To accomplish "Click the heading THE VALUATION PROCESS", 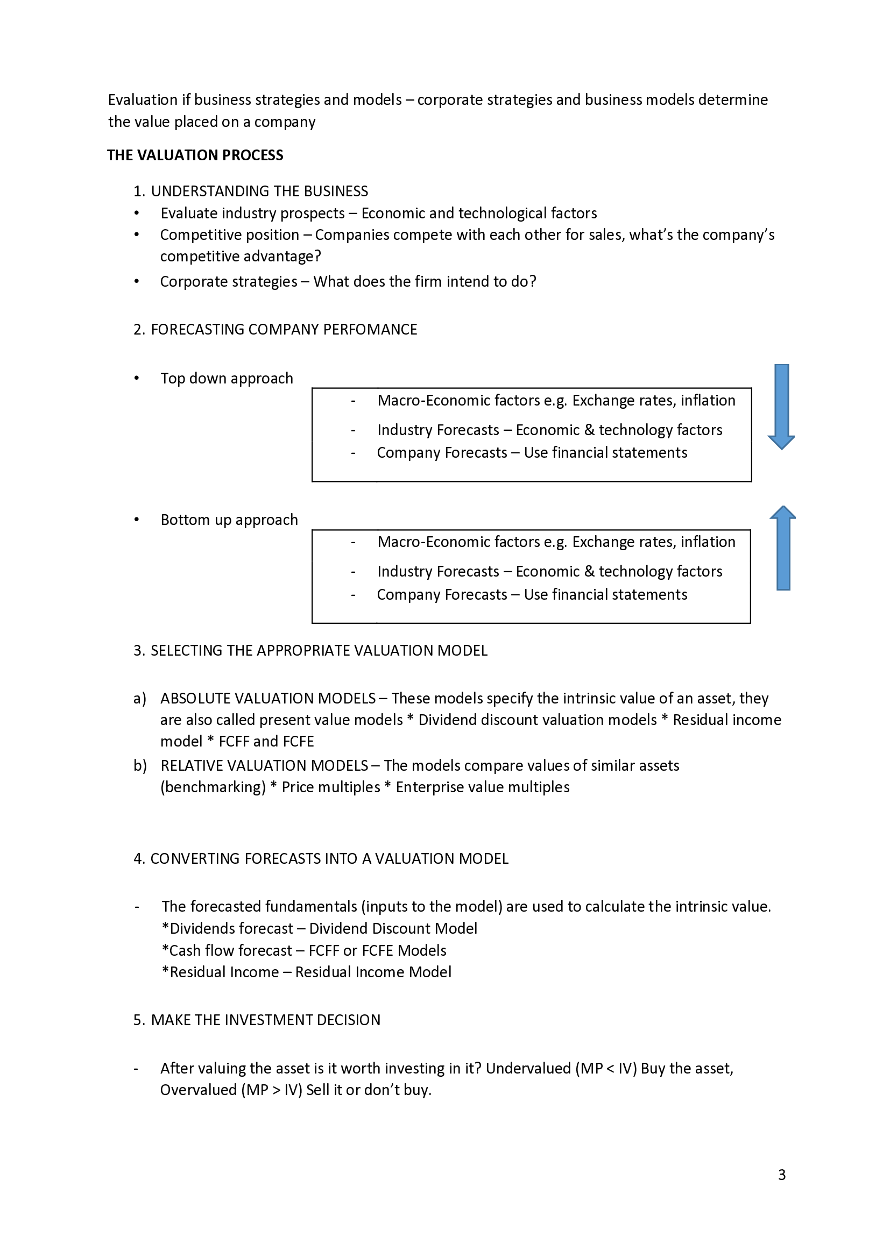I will pos(195,155).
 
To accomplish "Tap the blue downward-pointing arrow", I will pos(781,406).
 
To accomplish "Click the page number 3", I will pos(782,1175).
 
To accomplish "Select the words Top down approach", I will pos(227,378).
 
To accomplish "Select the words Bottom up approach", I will pos(229,520).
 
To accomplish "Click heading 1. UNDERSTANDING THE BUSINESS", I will pos(251,191).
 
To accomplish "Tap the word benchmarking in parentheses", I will pos(213,787).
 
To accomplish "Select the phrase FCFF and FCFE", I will pos(266,741).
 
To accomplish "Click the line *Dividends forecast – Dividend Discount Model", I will pos(320,928).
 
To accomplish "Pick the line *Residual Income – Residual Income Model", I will pos(306,972).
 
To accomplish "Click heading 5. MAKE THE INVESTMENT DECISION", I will pos(257,1020).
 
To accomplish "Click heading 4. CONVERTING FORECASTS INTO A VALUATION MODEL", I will pos(321,858).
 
